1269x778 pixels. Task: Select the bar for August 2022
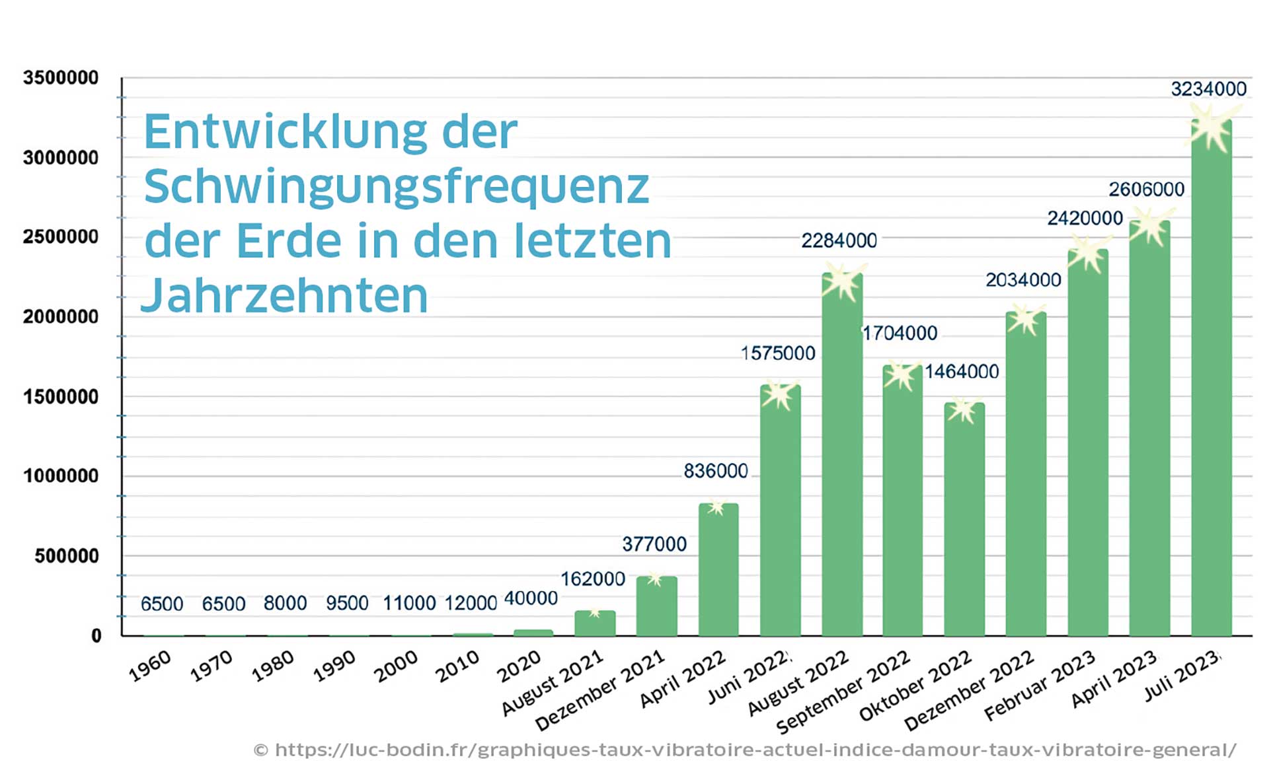842,462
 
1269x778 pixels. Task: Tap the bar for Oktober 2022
964,522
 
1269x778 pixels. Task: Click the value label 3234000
1208,89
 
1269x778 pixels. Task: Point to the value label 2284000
839,241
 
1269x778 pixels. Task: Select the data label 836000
715,472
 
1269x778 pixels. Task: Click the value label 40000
531,598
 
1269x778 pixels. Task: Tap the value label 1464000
961,372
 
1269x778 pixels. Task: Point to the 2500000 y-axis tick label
61,237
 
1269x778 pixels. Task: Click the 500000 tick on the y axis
67,556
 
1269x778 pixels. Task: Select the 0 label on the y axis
96,636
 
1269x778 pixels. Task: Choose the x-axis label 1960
150,666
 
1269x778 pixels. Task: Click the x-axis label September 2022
844,692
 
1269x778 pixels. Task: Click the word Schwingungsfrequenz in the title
397,187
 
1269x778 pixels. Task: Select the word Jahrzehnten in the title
285,295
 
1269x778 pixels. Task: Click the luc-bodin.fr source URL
745,750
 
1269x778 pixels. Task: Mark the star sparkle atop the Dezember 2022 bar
1025,319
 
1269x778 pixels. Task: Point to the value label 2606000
1146,190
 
